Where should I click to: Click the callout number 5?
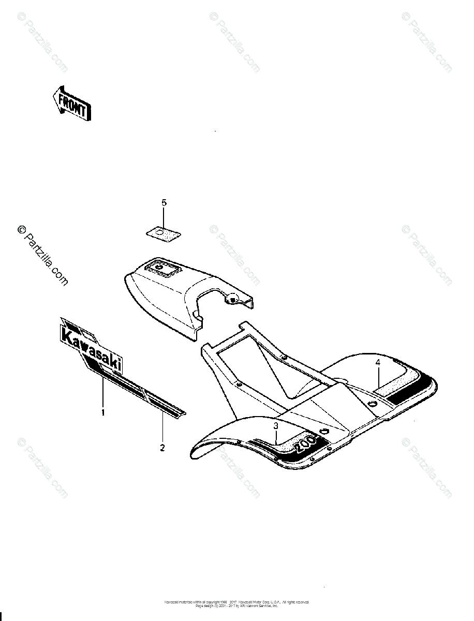(x=164, y=203)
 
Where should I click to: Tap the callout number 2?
(x=162, y=447)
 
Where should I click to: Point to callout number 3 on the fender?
(x=276, y=425)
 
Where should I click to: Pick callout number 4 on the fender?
(x=378, y=363)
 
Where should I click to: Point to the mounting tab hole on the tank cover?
(x=233, y=299)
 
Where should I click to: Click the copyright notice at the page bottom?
(x=236, y=603)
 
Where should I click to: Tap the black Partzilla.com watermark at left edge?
(x=43, y=256)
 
